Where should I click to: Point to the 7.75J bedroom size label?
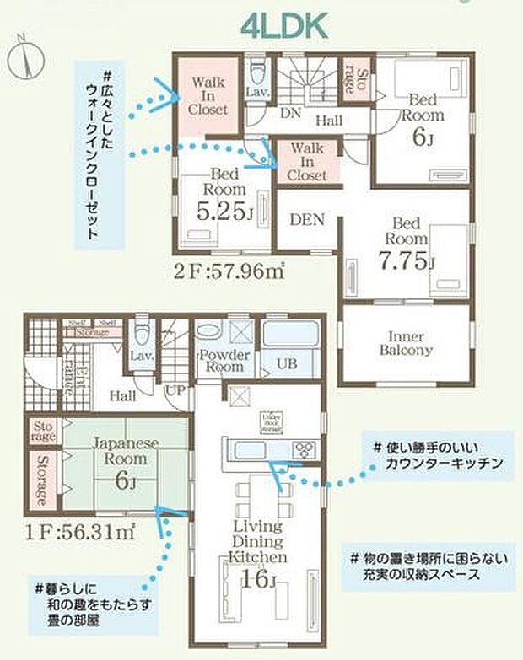pos(407,260)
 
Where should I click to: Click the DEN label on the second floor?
pos(308,219)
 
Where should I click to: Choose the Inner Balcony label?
pos(406,341)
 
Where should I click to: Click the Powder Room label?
pos(221,361)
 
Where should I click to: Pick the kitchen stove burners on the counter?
pos(305,449)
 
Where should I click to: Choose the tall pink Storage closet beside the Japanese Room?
pos(41,480)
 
